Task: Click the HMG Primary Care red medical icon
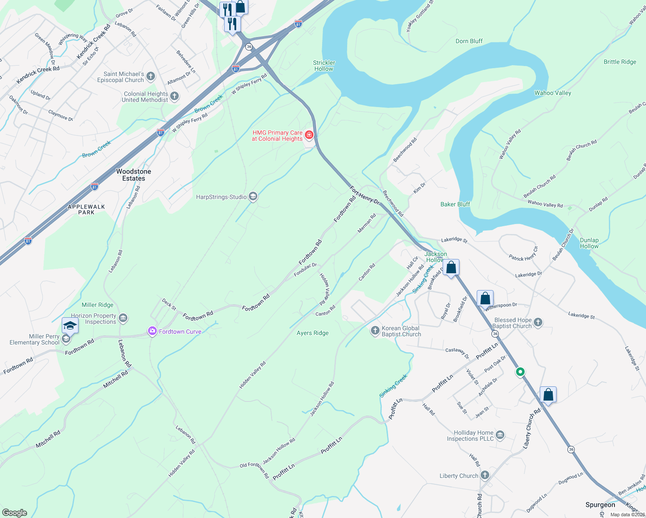(x=309, y=136)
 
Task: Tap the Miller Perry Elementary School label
(x=35, y=339)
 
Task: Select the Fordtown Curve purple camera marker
(x=152, y=332)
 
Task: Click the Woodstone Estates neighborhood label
(x=133, y=175)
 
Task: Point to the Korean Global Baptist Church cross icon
(x=375, y=331)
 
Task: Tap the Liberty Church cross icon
(x=485, y=476)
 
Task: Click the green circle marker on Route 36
(x=520, y=372)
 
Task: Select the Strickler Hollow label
(x=324, y=66)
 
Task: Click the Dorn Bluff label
(x=469, y=41)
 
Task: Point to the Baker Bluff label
(x=455, y=204)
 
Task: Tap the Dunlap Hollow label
(x=589, y=243)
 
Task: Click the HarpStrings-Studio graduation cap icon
(x=253, y=197)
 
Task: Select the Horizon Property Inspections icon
(x=123, y=319)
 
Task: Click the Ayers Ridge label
(x=313, y=333)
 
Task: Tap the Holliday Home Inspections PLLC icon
(x=500, y=435)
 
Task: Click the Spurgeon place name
(x=600, y=505)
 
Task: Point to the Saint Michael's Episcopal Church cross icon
(x=151, y=77)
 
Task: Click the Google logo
(x=15, y=513)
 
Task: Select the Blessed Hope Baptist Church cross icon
(x=538, y=322)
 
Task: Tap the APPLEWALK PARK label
(x=86, y=209)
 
